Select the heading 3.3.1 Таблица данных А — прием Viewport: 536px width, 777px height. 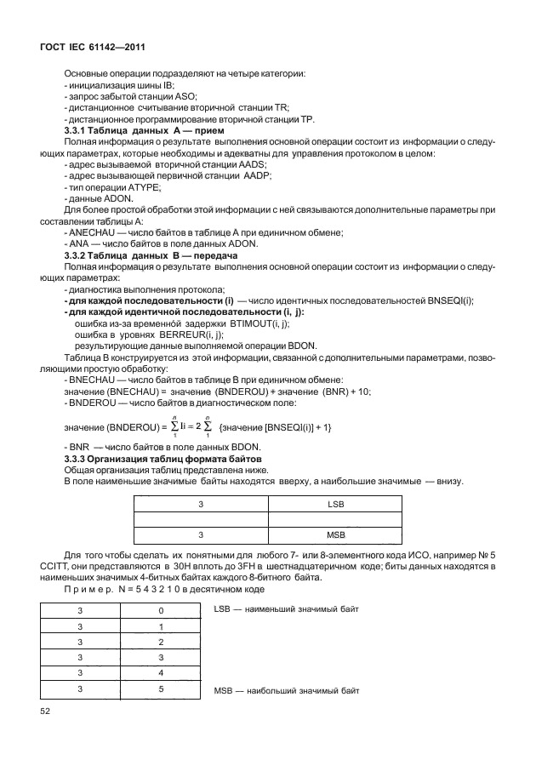(x=144, y=131)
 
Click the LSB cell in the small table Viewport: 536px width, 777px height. (x=334, y=504)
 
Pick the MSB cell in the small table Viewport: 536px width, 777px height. (x=334, y=534)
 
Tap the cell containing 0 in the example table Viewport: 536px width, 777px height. (x=161, y=610)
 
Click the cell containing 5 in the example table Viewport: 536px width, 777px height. (x=161, y=689)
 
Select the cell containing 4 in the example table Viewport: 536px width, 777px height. (x=161, y=673)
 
